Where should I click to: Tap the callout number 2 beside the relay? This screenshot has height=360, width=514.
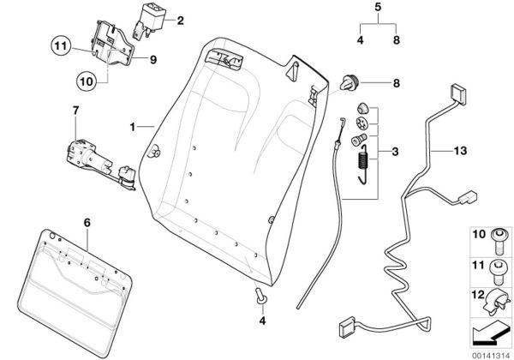pos(180,21)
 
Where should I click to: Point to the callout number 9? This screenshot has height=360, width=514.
pos(153,59)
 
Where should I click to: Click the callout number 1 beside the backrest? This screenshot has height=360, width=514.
pos(133,127)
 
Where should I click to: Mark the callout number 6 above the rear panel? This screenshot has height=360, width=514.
pos(86,222)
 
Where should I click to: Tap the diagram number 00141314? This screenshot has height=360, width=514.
pos(489,351)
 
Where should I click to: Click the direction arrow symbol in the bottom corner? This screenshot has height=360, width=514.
pos(489,332)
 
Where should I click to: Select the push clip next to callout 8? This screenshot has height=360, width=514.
pos(350,84)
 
